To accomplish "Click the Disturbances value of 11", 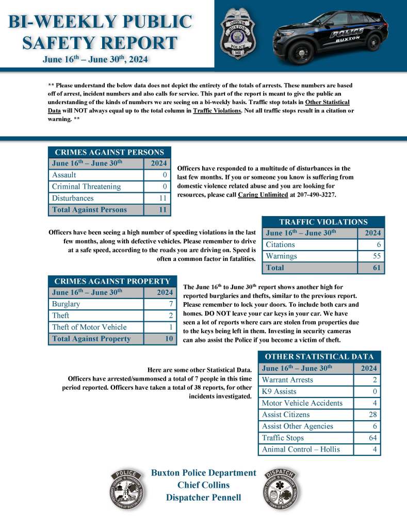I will coord(163,199).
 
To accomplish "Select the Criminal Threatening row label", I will coord(86,187).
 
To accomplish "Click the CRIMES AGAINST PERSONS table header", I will coord(109,152).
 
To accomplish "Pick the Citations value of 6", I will coord(378,244).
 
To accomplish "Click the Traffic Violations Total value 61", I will coord(376,268).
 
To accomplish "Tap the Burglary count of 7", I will coord(171,304).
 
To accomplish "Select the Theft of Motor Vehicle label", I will coord(89,327).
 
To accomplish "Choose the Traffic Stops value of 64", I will coord(373,438).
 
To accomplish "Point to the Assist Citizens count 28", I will coord(373,415).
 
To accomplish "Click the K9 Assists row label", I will coord(279,391).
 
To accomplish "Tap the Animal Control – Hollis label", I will coord(301,449).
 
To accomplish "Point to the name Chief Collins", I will coord(203,485).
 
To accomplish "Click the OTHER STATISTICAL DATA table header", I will coord(319,356).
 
